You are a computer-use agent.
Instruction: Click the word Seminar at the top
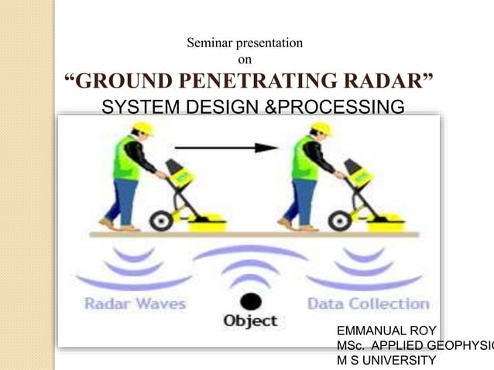[x=209, y=43]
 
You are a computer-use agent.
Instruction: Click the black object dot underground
[x=249, y=300]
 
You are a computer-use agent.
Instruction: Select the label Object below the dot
[x=249, y=320]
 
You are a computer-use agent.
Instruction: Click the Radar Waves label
[x=136, y=303]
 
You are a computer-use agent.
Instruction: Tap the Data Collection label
[x=368, y=303]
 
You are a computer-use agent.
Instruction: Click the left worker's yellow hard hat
[x=142, y=128]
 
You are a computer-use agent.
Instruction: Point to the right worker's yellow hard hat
[x=321, y=128]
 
